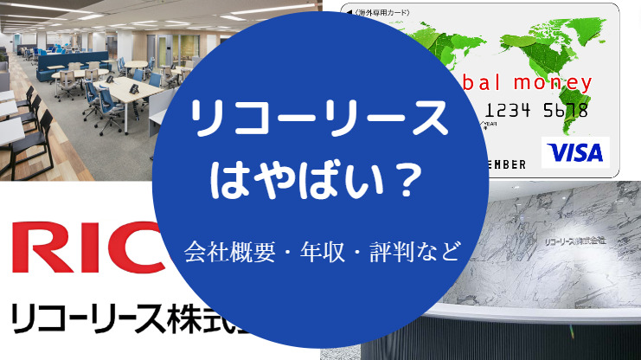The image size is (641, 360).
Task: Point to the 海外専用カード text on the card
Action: tap(381, 11)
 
